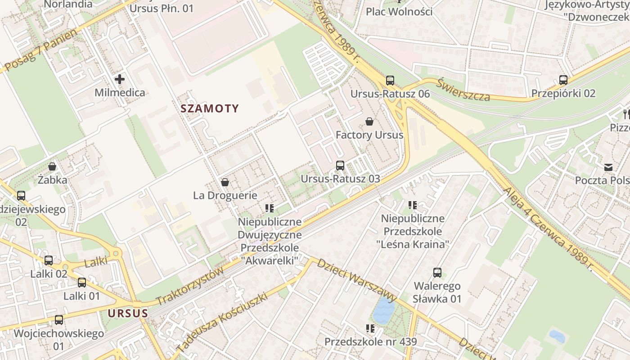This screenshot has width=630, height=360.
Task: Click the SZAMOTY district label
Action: tap(210, 108)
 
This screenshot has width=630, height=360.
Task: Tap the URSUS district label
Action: tap(128, 313)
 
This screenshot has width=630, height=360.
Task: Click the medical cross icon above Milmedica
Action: tap(120, 80)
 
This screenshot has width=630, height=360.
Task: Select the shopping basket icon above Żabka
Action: tap(52, 166)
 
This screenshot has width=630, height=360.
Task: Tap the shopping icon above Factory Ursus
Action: tap(369, 121)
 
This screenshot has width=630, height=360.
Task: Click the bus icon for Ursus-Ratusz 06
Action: tap(390, 81)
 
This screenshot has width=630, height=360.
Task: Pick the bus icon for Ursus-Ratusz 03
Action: tap(340, 165)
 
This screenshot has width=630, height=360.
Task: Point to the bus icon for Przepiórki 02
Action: tap(563, 80)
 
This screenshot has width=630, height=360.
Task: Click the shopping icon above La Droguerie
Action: tap(225, 182)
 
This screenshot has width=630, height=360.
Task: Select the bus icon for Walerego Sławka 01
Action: tap(437, 272)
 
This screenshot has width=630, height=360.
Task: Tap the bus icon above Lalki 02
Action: tap(49, 260)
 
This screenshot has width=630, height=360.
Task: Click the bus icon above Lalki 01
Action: tap(81, 283)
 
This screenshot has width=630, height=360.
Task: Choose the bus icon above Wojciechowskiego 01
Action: tap(59, 320)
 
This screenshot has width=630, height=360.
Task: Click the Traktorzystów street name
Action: tap(189, 287)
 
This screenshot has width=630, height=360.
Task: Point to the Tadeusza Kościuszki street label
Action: tap(222, 322)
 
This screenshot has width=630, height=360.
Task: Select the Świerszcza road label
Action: tap(463, 90)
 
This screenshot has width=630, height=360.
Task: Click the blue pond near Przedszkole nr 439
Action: tap(383, 311)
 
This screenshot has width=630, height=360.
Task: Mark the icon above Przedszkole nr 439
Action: tap(370, 328)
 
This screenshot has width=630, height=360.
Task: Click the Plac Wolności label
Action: tap(399, 11)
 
